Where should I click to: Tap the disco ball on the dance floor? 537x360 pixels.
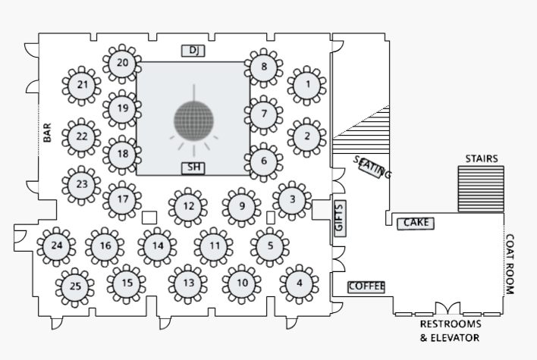click(x=194, y=120)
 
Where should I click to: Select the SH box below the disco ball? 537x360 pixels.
click(x=193, y=167)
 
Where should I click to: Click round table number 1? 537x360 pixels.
click(x=307, y=85)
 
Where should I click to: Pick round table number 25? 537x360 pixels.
click(x=75, y=286)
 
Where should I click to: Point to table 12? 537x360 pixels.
click(x=189, y=206)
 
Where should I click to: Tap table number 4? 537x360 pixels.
click(x=299, y=284)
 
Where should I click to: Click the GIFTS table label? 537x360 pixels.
click(x=339, y=218)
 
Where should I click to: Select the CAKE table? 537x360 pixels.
click(x=416, y=223)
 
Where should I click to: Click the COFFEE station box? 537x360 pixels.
click(x=366, y=286)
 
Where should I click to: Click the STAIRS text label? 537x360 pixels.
click(x=482, y=158)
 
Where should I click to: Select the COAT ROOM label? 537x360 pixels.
click(x=510, y=264)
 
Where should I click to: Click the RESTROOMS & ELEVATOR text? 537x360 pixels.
click(x=450, y=330)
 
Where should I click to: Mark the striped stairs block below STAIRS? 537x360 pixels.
click(x=481, y=189)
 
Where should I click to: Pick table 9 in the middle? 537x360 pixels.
click(x=241, y=206)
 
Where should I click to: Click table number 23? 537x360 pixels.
click(x=82, y=184)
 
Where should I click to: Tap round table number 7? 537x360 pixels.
click(x=263, y=114)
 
